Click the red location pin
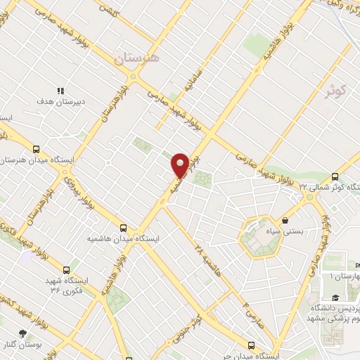click(x=180, y=165)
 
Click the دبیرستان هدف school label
click(x=60, y=101)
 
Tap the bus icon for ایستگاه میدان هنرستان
click(x=36, y=148)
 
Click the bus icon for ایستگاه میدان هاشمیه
click(x=124, y=228)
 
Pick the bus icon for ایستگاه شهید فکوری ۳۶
click(x=66, y=269)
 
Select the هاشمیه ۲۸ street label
click(x=208, y=257)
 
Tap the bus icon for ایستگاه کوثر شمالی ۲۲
click(x=334, y=176)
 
